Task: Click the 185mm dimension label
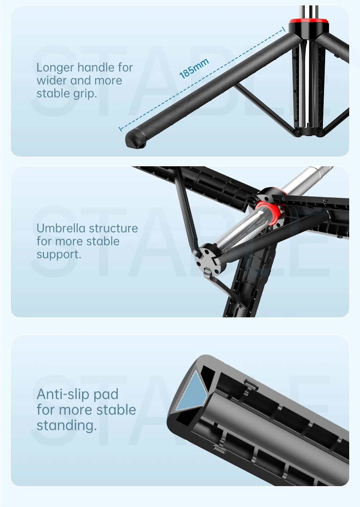click(194, 68)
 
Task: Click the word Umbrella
click(60, 228)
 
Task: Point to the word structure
click(113, 228)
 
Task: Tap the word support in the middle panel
click(59, 254)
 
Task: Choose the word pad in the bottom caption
click(105, 395)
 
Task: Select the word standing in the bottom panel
click(67, 425)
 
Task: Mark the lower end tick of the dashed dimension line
click(120, 128)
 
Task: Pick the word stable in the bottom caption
click(116, 410)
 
